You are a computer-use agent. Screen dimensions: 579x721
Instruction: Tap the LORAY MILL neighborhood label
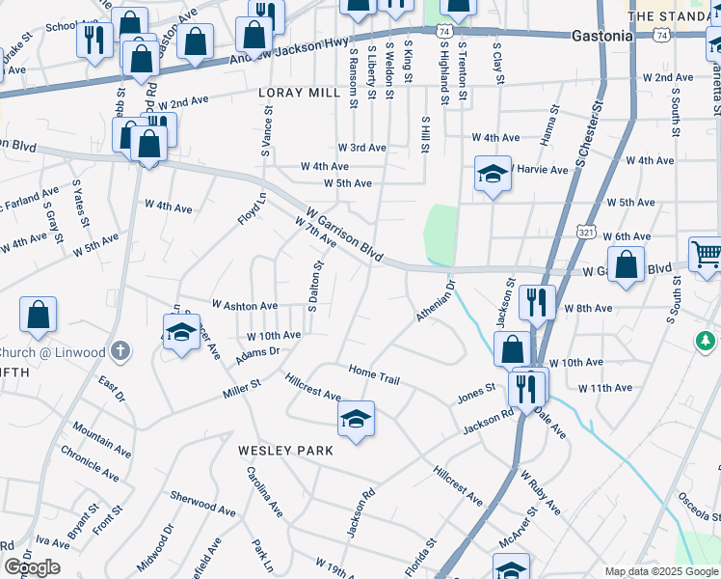300,93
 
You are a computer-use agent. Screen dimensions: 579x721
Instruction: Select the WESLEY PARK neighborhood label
286,451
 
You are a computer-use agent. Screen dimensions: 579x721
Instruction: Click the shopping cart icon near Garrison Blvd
707,254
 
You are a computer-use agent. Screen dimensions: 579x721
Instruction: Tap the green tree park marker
707,341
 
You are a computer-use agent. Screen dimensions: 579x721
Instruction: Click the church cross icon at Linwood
120,351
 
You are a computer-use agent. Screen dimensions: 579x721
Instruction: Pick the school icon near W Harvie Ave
493,175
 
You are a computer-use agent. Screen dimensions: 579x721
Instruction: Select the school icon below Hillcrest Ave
356,419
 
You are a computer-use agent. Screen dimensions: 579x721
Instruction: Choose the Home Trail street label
374,374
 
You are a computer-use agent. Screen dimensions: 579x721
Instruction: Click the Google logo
32,567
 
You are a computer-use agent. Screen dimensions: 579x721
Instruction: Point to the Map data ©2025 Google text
660,571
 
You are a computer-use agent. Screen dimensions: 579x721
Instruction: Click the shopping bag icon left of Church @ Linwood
38,314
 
